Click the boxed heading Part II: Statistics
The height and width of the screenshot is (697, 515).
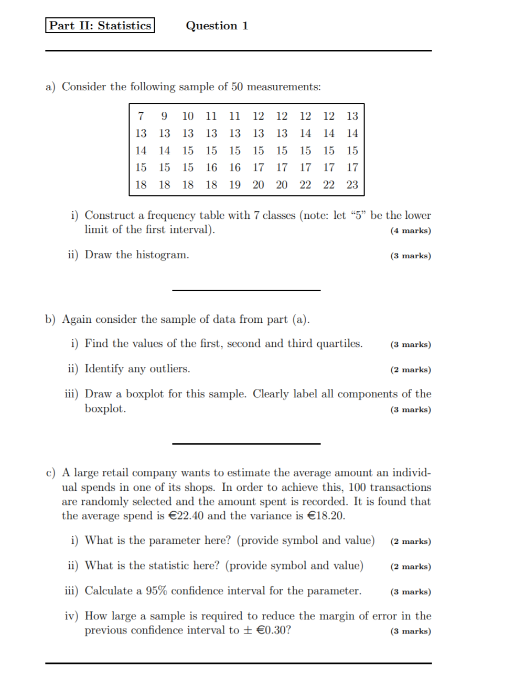tap(100, 26)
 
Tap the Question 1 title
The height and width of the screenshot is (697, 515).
tap(217, 26)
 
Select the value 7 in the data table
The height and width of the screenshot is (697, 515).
tap(141, 116)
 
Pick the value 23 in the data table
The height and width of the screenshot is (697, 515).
tap(352, 185)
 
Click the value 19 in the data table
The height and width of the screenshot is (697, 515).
tap(234, 185)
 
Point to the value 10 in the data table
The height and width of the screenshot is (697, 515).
tap(188, 116)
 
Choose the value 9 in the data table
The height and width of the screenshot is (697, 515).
tap(164, 116)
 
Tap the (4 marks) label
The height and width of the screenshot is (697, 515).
tap(410, 231)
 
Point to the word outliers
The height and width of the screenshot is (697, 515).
tap(169, 369)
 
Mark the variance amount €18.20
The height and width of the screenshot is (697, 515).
tap(325, 516)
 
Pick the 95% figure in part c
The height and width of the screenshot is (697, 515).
tap(156, 591)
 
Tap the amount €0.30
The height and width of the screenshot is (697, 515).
tap(273, 630)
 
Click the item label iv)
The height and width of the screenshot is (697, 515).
tap(71, 616)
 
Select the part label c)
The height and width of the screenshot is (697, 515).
tap(50, 473)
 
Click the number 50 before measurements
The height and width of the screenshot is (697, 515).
tap(237, 87)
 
